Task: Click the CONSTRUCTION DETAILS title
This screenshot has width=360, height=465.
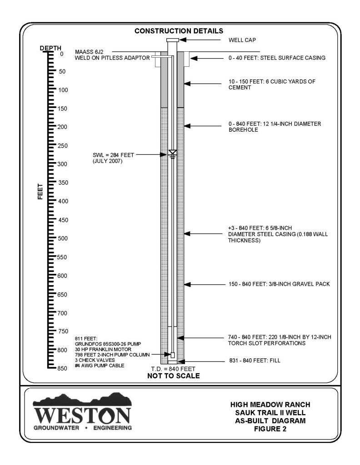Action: click(179, 31)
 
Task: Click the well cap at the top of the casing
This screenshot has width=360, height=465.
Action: click(172, 41)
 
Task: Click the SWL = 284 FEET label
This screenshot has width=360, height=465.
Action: click(113, 155)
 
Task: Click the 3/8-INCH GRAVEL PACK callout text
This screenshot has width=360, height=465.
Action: click(279, 284)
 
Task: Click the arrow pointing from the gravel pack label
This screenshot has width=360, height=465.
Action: click(205, 284)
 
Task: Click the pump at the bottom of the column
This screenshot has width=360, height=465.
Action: click(172, 355)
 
